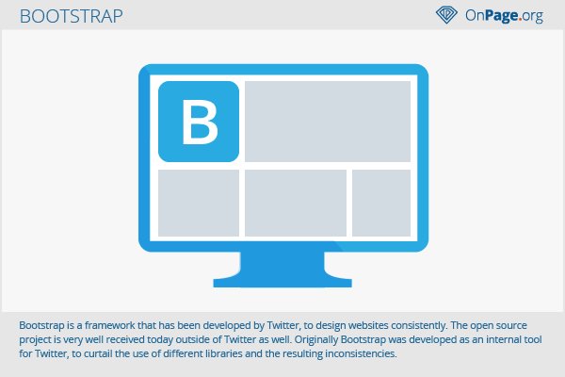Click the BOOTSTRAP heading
(71, 16)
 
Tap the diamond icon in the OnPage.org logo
(446, 15)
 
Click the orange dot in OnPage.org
(520, 19)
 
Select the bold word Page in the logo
(502, 16)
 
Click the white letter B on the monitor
(200, 122)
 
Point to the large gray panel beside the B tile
(328, 122)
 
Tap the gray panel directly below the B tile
(199, 204)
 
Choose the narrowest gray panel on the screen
(381, 204)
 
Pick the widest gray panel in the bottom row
(296, 204)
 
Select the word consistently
(419, 326)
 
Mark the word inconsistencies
(361, 354)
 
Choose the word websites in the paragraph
(367, 325)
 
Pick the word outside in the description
(193, 340)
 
